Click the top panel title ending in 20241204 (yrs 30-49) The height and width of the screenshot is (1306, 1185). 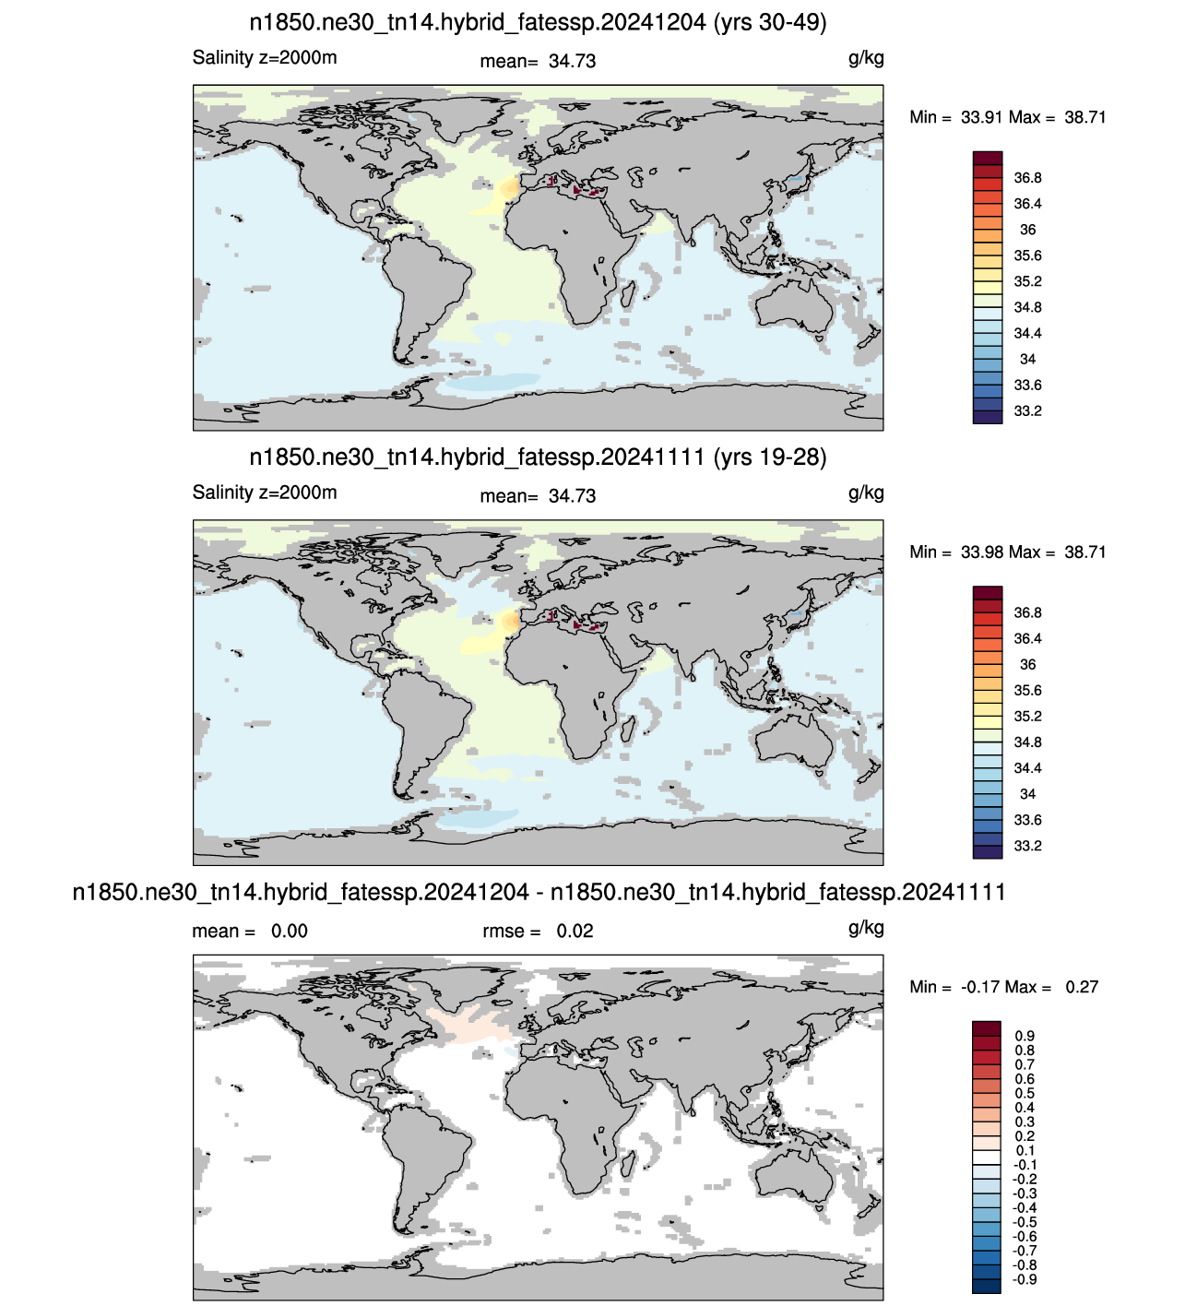click(x=538, y=22)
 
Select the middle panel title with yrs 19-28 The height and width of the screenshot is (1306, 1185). click(x=538, y=457)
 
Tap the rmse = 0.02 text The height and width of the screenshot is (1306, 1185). click(x=538, y=931)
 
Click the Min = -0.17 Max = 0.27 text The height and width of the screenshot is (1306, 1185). click(x=1004, y=987)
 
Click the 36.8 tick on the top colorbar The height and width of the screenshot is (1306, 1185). click(x=1027, y=178)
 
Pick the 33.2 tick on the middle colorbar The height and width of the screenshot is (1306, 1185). click(x=1027, y=846)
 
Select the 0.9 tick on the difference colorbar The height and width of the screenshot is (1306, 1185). click(x=1025, y=1036)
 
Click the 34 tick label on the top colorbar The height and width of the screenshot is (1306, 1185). click(x=1027, y=360)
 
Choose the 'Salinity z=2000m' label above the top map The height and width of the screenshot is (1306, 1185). click(x=265, y=58)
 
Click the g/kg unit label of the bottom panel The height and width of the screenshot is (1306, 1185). click(x=866, y=929)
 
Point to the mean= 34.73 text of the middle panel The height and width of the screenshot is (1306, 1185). click(x=538, y=496)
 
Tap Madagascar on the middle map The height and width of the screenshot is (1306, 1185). click(x=628, y=730)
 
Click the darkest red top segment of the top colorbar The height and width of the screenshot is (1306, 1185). click(x=988, y=159)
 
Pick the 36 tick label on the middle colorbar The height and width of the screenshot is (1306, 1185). click(x=1027, y=665)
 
